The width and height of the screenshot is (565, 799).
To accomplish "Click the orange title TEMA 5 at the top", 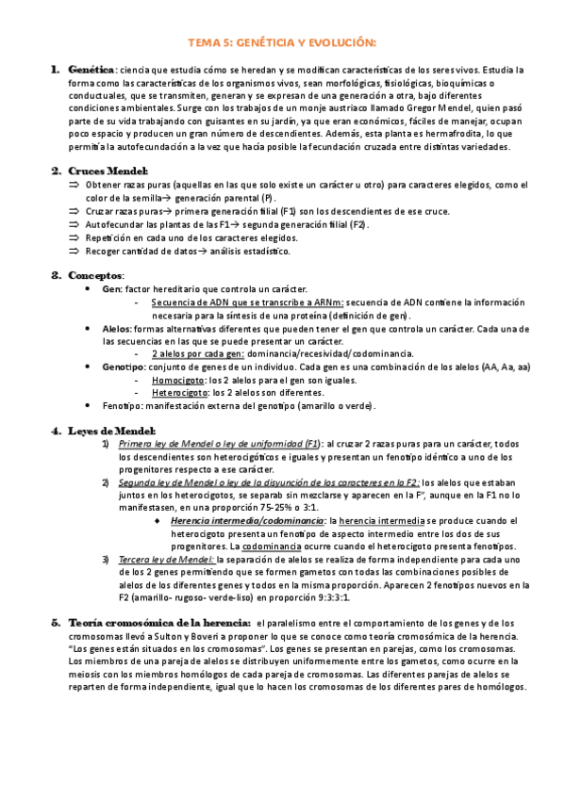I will coord(282,42).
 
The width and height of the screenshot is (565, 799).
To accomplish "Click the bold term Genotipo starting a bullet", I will coord(124,366).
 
